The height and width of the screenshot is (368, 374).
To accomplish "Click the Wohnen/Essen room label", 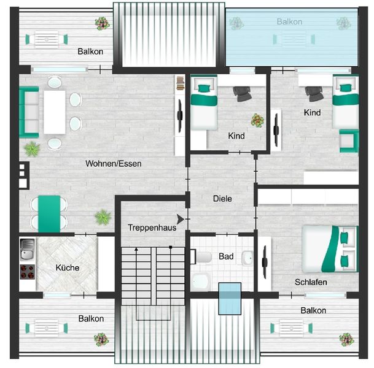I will pos(114,164).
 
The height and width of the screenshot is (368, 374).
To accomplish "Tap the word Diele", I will pos(222,199).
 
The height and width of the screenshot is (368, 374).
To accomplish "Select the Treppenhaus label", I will pos(152,228).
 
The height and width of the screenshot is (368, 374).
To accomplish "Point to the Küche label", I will pos(67,268).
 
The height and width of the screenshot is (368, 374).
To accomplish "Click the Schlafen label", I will pos(310,282).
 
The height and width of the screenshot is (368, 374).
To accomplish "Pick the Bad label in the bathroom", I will pos(225,256).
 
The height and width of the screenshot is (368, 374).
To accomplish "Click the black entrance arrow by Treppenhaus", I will pos(180,219).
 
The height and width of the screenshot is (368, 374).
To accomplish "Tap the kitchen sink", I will pos(28,250).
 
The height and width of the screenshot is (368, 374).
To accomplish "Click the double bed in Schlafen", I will pos(330,248).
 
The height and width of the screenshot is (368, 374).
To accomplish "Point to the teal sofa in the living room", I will pos(28,112).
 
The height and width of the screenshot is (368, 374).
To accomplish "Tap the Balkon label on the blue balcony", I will pos(289,21).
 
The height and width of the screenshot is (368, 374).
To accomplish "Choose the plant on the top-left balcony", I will pos(101,23).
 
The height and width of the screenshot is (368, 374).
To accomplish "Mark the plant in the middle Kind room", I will pos(255,119).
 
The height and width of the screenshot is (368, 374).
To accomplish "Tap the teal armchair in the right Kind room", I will pos(348,140).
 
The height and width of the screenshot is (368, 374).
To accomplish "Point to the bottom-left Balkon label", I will pos(91,319).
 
